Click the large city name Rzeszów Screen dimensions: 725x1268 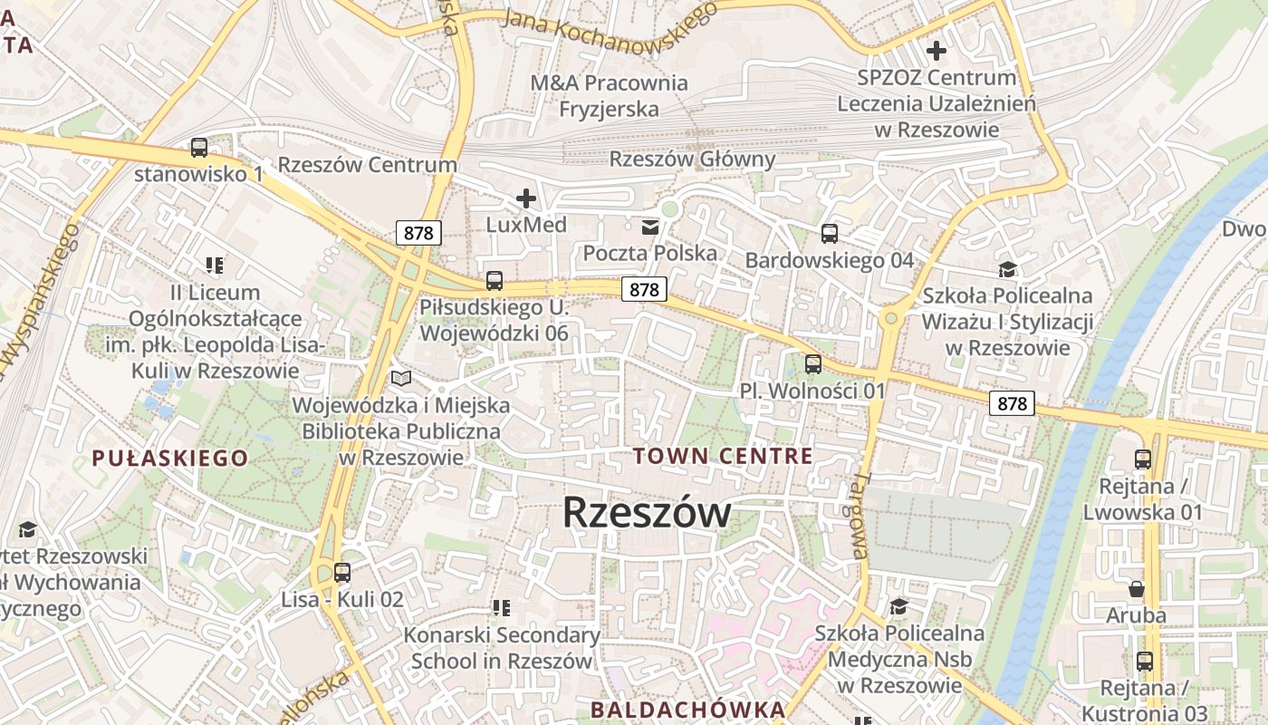646,513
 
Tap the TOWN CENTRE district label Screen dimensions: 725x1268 723,456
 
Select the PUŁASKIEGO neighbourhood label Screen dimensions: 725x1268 169,458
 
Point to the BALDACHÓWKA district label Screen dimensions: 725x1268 687,709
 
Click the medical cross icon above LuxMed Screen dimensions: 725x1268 525,198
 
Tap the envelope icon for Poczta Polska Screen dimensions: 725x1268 649,227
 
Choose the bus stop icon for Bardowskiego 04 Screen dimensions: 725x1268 829,234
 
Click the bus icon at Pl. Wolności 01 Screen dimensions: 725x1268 812,364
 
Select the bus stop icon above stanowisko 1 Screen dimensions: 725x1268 198,147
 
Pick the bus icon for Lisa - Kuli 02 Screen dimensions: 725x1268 341,573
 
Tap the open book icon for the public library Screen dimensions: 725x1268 400,378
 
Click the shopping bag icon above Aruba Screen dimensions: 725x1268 1136,589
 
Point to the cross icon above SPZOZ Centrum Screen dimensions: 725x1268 936,51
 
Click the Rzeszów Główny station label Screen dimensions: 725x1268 692,159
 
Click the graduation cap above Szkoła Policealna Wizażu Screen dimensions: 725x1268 1006,268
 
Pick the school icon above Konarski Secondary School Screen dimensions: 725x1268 501,608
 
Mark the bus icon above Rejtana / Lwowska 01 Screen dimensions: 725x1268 1142,459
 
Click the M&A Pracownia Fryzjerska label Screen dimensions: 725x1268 609,96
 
